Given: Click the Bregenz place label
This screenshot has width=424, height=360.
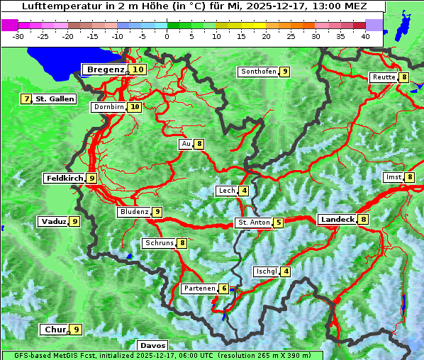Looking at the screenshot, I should [106, 69].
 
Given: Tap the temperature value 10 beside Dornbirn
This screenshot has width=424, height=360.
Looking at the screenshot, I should [135, 107].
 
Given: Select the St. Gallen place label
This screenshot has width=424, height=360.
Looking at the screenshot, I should [55, 99].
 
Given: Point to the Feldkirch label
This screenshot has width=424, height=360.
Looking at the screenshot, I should [65, 179].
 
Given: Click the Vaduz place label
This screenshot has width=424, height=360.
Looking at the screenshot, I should [54, 222].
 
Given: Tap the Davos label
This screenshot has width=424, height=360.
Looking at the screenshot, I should [152, 345].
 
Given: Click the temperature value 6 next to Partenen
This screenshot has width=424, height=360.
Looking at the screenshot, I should [224, 288].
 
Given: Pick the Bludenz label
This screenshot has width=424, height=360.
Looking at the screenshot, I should [134, 212].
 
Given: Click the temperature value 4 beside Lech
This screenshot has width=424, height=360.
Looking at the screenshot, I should [244, 191].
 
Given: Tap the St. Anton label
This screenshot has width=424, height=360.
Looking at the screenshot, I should [253, 223].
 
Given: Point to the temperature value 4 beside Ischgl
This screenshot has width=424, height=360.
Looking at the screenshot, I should [286, 271].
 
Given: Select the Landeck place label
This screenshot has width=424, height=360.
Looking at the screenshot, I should [337, 220].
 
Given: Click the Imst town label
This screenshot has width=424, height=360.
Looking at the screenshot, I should [393, 177].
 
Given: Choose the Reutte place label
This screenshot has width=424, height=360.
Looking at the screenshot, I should [384, 77].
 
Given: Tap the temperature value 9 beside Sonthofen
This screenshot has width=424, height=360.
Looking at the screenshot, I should [284, 72].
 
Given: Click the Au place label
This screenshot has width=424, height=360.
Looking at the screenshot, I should [186, 144].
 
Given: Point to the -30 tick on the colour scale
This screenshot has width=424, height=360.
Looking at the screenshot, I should [18, 35].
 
